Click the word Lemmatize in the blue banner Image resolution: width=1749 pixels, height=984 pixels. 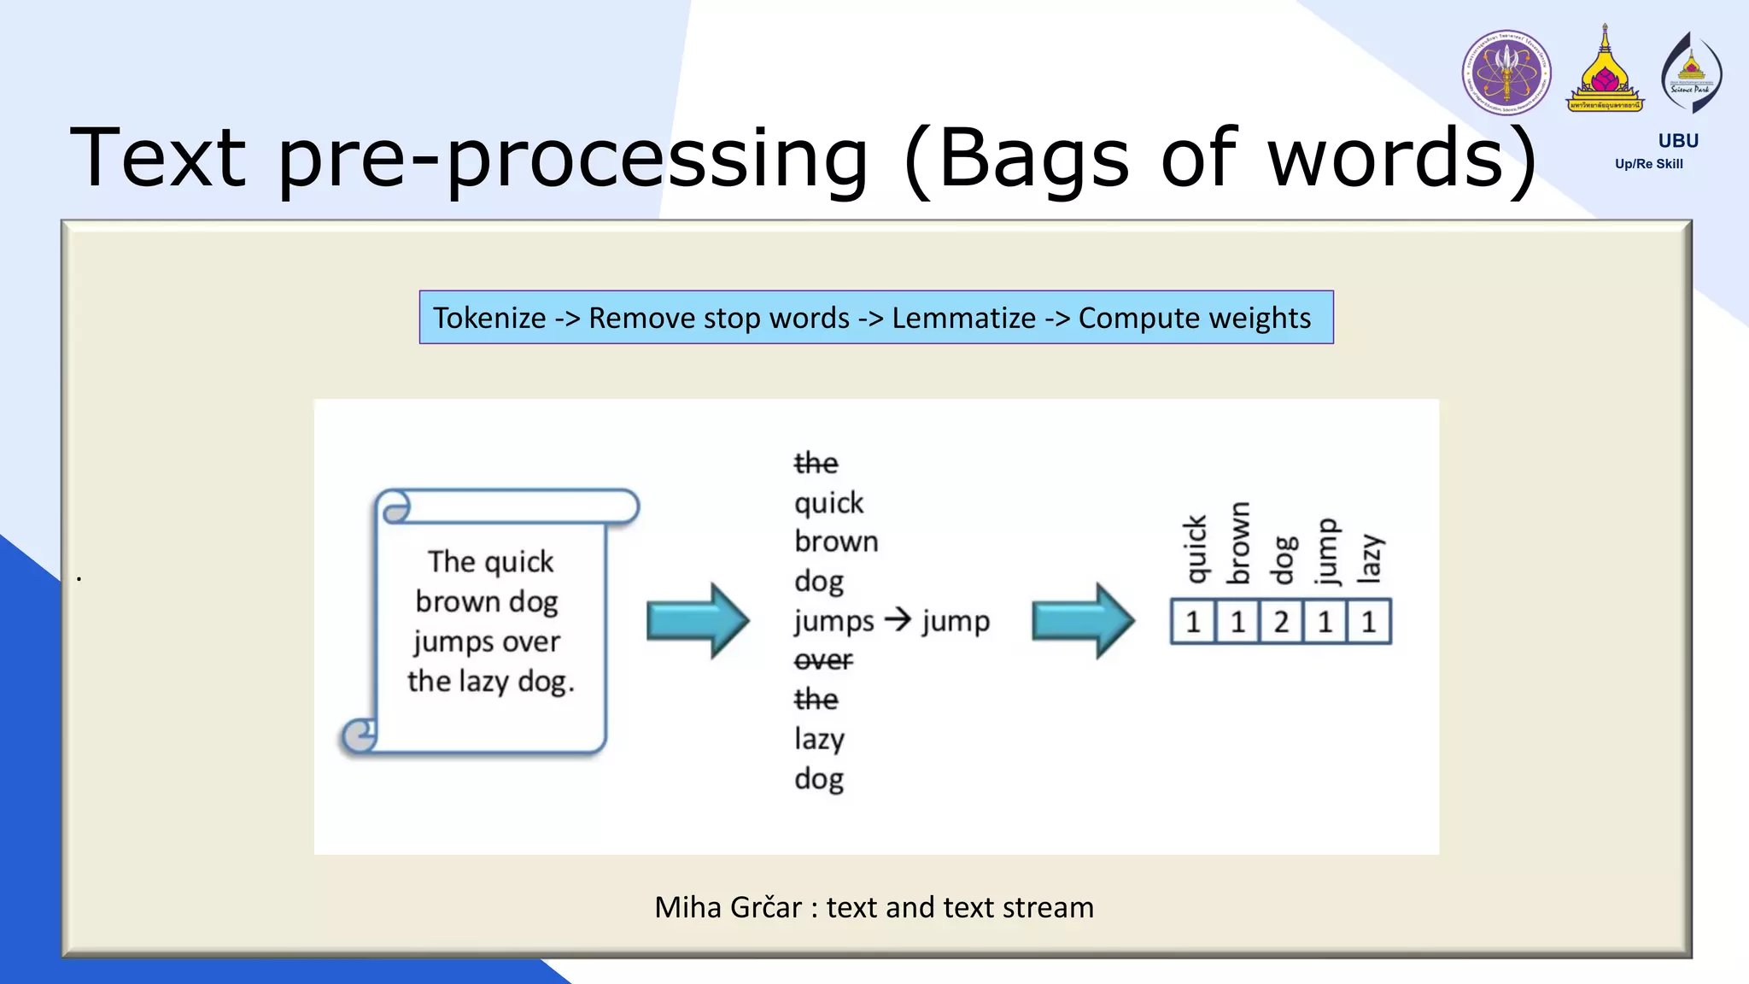pos(963,318)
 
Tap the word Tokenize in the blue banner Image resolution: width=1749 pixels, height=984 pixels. pos(489,318)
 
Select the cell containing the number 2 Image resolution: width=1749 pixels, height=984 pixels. pos(1281,622)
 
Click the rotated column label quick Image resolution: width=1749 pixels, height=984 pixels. pos(1196,549)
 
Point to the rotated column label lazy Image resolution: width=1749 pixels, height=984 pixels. pos(1369,559)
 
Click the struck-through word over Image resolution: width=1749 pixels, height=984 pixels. pos(823,660)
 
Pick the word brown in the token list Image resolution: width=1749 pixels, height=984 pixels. pos(836,542)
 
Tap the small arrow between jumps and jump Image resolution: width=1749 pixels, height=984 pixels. pos(898,618)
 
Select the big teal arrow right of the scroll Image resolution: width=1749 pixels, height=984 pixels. pos(698,621)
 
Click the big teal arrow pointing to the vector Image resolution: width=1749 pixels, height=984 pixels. pos(1083,621)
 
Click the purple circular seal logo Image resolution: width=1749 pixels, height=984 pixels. pos(1506,73)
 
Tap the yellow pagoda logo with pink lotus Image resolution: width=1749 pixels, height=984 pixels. pos(1605,73)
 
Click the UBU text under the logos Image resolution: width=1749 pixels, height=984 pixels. pos(1678,141)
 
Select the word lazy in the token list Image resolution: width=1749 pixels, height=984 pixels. pos(819,739)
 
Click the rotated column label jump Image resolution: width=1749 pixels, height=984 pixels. pos(1325,551)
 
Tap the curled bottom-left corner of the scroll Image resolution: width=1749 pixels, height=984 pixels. pos(360,735)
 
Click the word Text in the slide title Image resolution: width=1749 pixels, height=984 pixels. pos(159,158)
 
